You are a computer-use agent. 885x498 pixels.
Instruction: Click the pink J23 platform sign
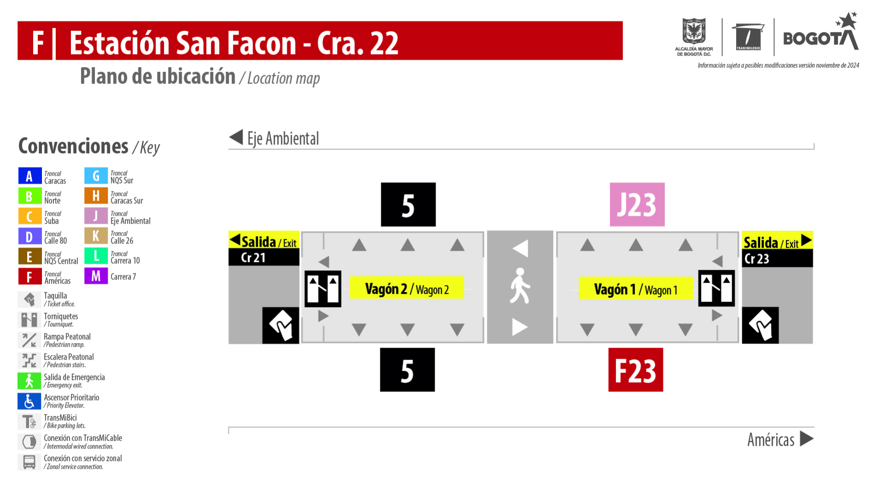coord(637,204)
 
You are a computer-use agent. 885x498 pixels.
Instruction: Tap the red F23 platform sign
coord(636,370)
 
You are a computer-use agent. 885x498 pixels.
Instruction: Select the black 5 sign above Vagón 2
coord(408,204)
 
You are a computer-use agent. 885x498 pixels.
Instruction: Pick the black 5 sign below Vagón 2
coord(407,370)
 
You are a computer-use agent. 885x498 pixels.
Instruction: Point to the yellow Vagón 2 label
coord(407,288)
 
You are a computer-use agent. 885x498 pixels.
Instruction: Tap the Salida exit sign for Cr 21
coord(264,249)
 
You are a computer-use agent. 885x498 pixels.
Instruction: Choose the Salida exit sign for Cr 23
coord(777,249)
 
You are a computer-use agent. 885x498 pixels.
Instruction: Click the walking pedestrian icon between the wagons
coord(520,286)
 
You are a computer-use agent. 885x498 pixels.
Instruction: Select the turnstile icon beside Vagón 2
coord(323,289)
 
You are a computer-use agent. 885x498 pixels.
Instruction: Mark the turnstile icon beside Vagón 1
coord(716,288)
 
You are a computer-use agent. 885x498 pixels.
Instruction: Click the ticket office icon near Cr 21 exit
coord(281,326)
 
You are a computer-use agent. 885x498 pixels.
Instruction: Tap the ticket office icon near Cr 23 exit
coord(761,326)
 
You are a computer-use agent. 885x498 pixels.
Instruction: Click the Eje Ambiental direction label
coord(283,138)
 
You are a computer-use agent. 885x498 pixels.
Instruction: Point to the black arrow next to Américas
coord(807,439)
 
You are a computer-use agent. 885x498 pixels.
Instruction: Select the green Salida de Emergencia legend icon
coord(29,381)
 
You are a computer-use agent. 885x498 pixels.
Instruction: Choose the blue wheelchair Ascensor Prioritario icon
coord(29,401)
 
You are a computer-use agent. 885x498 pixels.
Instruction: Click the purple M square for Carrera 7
coord(96,276)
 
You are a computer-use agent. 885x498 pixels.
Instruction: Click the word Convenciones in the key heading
coord(73,146)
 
